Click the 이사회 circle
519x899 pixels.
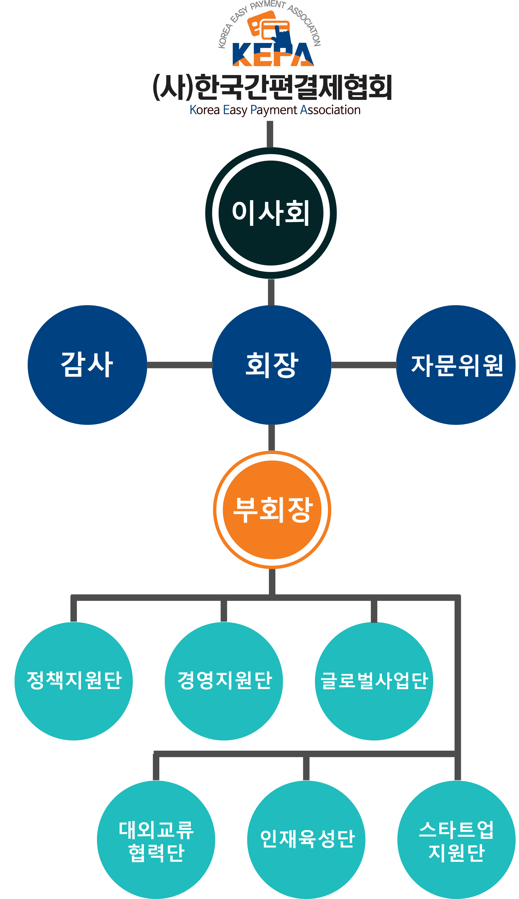[x=271, y=213]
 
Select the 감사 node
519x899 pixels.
[x=87, y=365]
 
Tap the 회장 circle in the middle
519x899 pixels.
[x=272, y=365]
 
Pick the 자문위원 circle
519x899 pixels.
[x=456, y=365]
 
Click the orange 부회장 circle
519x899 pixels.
[x=272, y=509]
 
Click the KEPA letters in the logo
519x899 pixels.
[x=273, y=55]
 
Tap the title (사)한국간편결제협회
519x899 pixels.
[x=272, y=87]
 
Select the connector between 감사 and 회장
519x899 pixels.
[x=180, y=365]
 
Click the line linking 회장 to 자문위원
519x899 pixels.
[x=364, y=365]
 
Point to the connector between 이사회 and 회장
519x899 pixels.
[x=271, y=292]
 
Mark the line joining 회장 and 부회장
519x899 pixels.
[x=272, y=437]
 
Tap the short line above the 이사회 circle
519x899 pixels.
[x=270, y=134]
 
